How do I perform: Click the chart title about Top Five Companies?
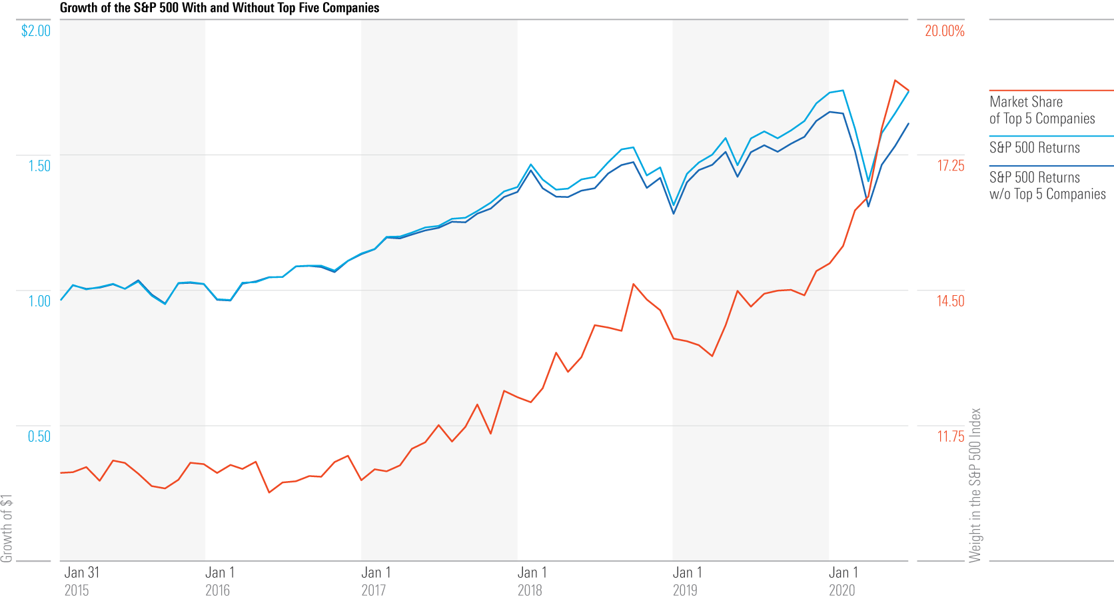click(219, 8)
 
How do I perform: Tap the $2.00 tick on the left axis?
click(36, 31)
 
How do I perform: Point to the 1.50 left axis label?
click(39, 166)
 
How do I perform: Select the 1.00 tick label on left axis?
click(39, 301)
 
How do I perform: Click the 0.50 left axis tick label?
click(39, 436)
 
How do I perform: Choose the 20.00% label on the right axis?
click(944, 31)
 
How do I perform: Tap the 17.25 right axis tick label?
click(950, 166)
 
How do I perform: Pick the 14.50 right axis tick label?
click(950, 301)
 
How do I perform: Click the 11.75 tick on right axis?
click(950, 436)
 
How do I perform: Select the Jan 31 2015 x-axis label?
click(81, 581)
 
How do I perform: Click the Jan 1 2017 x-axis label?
click(376, 581)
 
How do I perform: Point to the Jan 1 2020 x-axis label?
click(843, 581)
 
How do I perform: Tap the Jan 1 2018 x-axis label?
click(532, 581)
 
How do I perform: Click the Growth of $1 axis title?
click(7, 528)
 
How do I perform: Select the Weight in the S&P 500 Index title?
click(975, 485)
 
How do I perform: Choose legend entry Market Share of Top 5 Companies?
click(1041, 110)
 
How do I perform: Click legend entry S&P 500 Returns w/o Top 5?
click(1047, 186)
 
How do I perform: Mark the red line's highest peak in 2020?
click(895, 80)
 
